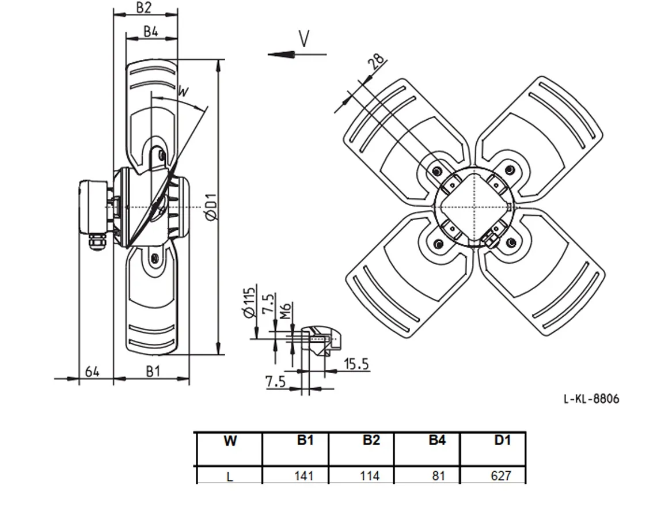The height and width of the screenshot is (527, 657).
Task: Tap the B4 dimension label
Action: [x=151, y=31]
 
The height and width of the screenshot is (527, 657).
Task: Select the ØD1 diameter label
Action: [x=211, y=206]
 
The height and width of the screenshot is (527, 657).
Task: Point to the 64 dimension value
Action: [x=92, y=371]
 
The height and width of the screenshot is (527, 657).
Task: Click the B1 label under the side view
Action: [x=153, y=371]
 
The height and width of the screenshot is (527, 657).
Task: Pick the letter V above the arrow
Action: [x=304, y=39]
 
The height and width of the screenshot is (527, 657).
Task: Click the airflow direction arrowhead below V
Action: [x=281, y=55]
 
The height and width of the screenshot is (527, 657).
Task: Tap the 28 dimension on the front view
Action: [x=376, y=61]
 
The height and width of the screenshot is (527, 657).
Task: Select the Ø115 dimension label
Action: [x=249, y=302]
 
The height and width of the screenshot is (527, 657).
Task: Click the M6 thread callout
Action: [x=286, y=310]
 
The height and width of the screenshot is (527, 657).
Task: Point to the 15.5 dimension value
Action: [x=356, y=364]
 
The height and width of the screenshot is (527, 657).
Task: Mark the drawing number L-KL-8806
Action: [x=591, y=399]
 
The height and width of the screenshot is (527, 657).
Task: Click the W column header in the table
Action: [x=230, y=441]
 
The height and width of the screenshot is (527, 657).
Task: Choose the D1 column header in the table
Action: [x=502, y=440]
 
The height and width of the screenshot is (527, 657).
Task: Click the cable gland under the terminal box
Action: [x=97, y=242]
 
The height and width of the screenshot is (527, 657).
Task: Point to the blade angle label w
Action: [x=183, y=90]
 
